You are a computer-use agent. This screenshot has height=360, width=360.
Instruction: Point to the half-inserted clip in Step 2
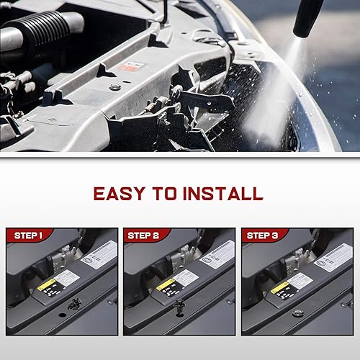tap(178, 311)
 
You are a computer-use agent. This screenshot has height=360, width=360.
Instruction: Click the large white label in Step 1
tap(99, 254)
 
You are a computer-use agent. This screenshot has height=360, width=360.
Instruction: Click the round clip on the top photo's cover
tap(116, 89)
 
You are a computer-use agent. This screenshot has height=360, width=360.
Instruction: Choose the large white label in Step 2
tap(217, 254)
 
